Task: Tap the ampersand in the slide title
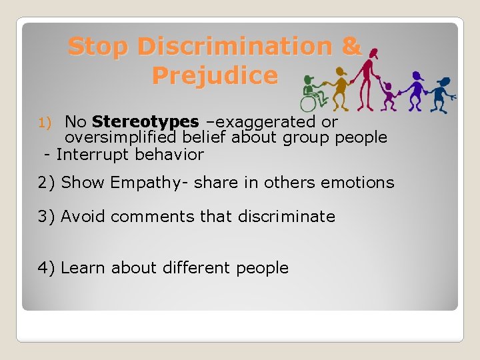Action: tap(351, 47)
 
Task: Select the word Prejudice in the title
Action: tap(214, 75)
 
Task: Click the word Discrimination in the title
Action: tap(236, 47)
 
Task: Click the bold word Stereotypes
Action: tap(145, 122)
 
